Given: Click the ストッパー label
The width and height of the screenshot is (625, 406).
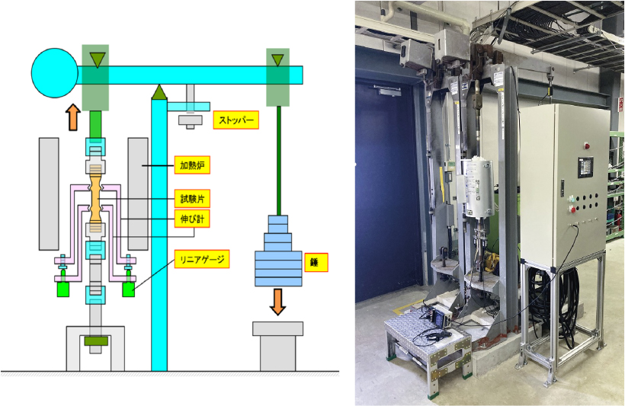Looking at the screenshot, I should tap(236, 120).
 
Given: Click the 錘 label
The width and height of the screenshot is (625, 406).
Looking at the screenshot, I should tap(313, 263).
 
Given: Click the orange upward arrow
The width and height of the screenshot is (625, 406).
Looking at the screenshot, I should tap(72, 117).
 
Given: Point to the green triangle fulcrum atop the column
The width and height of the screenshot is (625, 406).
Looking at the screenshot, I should tap(159, 92).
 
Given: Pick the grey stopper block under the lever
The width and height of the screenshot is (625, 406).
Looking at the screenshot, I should tap(190, 120).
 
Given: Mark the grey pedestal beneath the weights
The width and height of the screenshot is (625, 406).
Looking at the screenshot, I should tap(277, 344).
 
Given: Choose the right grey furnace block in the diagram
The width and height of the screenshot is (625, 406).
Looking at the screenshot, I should tap(138, 193).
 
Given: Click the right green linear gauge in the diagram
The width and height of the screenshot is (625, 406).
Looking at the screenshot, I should tap(128, 290).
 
